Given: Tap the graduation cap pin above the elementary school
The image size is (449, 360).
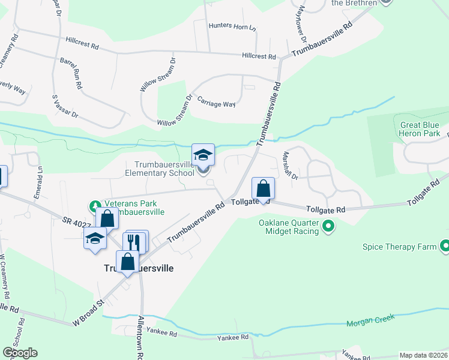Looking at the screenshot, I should (203, 155).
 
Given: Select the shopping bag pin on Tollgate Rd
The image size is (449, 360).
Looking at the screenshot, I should (263, 189).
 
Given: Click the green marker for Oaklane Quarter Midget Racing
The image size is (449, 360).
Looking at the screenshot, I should (328, 227).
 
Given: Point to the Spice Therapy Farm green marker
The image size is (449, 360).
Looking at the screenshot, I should (445, 246).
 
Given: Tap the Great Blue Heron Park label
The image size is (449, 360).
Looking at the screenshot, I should (420, 129).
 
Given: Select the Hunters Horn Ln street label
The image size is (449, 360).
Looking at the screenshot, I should (232, 26).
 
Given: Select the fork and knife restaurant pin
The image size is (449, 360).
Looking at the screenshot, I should (134, 242).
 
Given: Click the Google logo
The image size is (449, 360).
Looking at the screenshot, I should (20, 353).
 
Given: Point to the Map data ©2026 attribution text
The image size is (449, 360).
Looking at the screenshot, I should (423, 355).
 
